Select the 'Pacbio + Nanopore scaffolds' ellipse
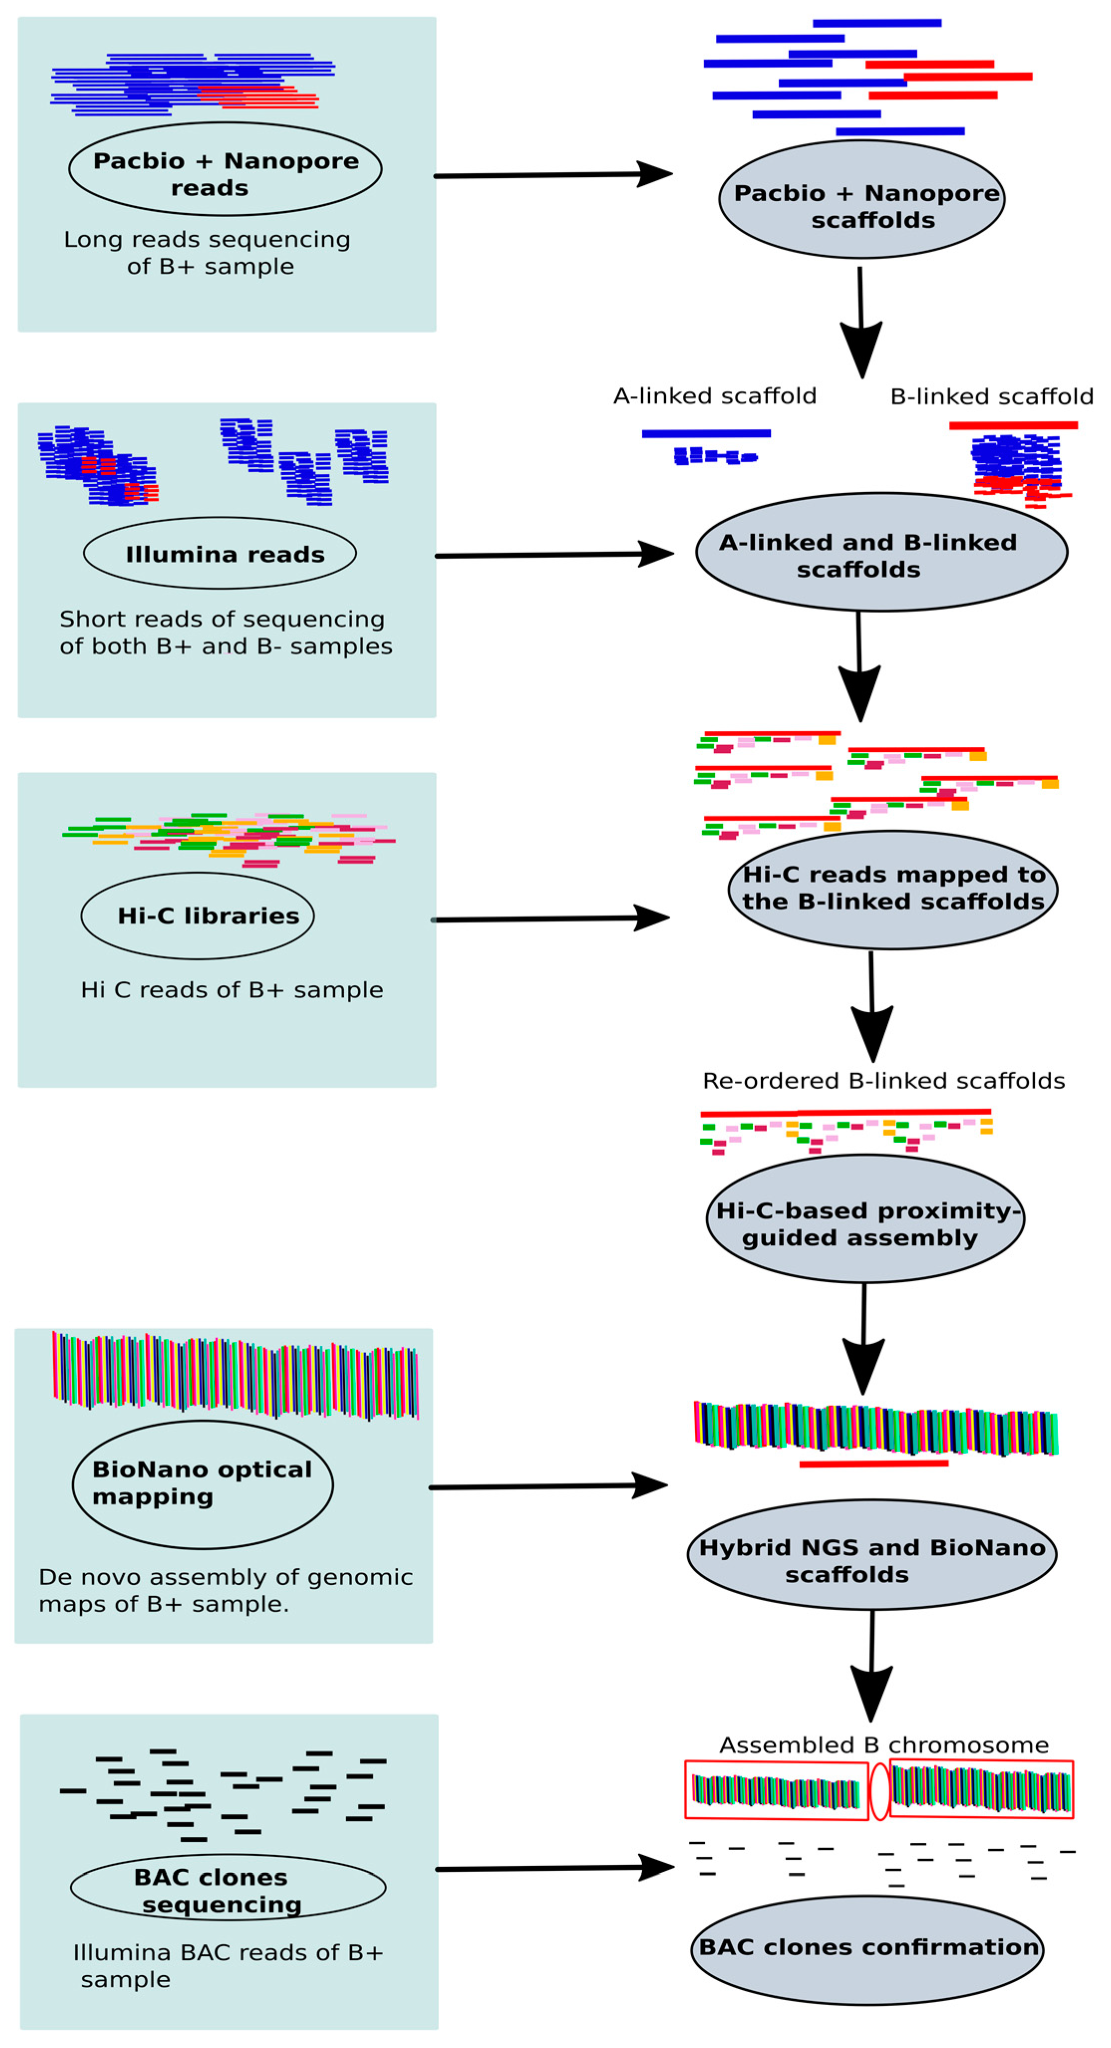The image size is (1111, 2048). [x=861, y=200]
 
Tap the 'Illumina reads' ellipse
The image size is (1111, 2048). [x=220, y=553]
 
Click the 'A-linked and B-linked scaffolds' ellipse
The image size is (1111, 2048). [x=881, y=552]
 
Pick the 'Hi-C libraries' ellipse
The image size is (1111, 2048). [x=197, y=916]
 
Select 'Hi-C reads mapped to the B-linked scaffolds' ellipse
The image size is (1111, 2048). [x=892, y=890]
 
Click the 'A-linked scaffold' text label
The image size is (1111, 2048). [x=714, y=396]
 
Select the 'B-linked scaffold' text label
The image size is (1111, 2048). [x=991, y=396]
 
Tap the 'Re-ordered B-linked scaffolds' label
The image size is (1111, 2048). [x=883, y=1081]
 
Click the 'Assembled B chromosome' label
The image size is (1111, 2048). [x=883, y=1745]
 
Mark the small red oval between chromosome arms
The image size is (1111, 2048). [x=879, y=1791]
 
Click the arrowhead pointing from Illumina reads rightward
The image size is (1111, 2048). [x=657, y=554]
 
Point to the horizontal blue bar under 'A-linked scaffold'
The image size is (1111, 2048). [x=705, y=433]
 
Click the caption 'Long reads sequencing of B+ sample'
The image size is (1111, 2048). [x=208, y=253]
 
